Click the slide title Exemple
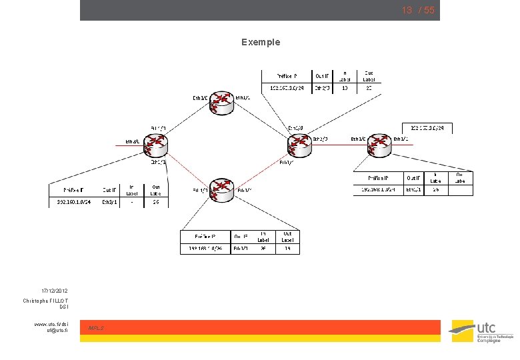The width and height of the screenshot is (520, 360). pos(261,42)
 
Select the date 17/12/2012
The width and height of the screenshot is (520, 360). pos(54,291)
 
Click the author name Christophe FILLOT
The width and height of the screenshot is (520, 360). pos(45,301)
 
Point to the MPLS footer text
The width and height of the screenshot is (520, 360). pos(96,328)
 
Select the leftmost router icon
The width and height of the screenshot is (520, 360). pos(157,143)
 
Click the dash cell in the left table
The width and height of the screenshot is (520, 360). pos(131,201)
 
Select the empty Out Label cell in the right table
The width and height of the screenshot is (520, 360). pos(459,189)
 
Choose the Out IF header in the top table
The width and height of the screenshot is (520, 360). pos(321,76)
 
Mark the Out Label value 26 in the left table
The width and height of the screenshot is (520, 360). pos(155,201)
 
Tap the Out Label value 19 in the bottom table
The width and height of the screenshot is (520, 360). pos(287,249)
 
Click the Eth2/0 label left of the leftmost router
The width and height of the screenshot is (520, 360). pos(133,141)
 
